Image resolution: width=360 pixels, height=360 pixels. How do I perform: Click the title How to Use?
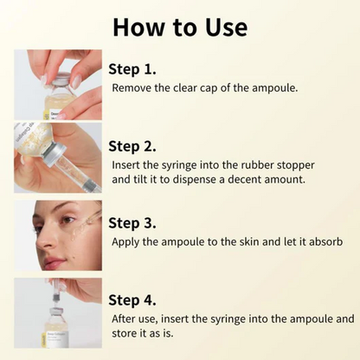[x=180, y=26]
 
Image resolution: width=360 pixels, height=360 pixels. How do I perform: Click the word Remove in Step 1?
[x=132, y=87]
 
